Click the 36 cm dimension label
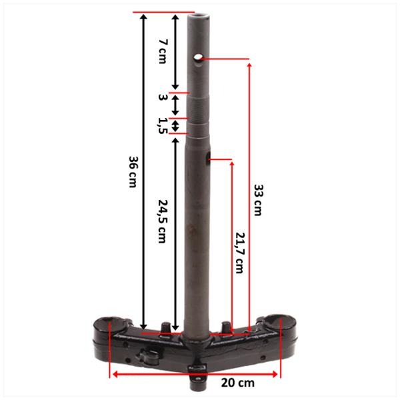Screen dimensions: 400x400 coord(133,172)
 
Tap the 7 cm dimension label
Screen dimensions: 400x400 coord(163,51)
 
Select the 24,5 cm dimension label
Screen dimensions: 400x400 coord(163,221)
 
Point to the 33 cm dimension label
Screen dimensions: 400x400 coord(258,200)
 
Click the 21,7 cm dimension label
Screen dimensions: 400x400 coord(239,253)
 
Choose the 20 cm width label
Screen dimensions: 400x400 coord(238,383)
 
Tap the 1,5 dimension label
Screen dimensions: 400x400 coord(163,126)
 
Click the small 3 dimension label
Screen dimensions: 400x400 coord(163,97)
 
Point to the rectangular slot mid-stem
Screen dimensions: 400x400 coord(207,158)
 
